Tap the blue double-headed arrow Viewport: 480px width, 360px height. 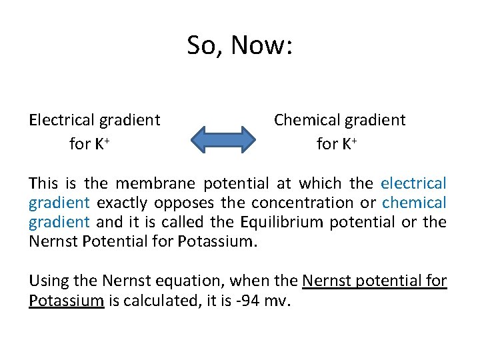[x=223, y=139]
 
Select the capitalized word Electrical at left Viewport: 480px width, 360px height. [x=62, y=120]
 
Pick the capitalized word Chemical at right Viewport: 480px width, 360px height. [x=306, y=120]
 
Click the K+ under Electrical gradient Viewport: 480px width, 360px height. [x=99, y=143]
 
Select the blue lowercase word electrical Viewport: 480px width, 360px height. [x=413, y=183]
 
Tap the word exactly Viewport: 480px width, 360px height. [x=123, y=202]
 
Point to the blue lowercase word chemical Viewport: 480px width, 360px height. [x=414, y=202]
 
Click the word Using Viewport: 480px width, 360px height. [x=50, y=281]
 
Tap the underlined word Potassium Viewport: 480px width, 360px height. [x=66, y=301]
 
